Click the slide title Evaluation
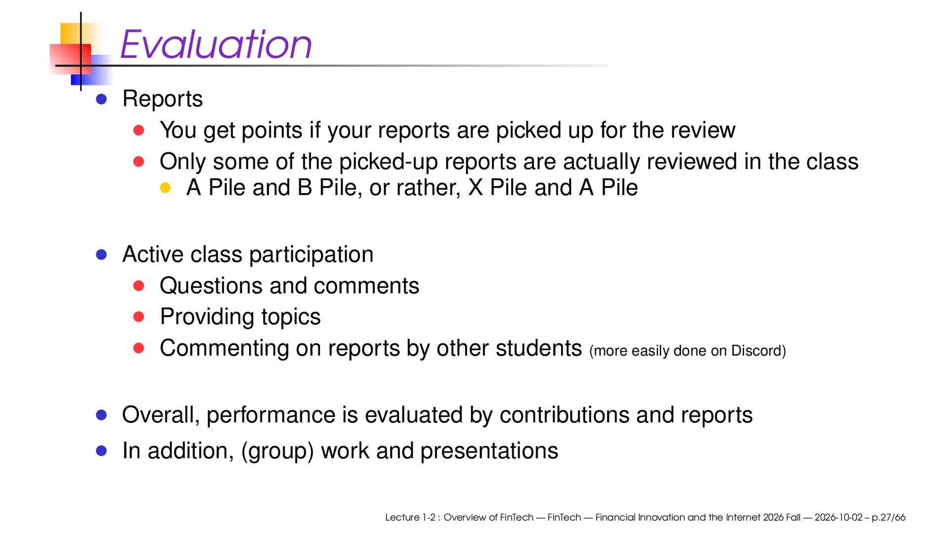[x=216, y=44]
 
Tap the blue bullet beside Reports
[x=102, y=99]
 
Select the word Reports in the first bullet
[x=162, y=99]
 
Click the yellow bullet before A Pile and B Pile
[x=165, y=188]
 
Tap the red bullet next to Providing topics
[x=139, y=317]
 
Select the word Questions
[x=211, y=286]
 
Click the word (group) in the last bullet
[x=277, y=451]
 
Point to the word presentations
[x=489, y=451]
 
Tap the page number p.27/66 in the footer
[x=889, y=518]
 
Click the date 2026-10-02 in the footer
[x=838, y=518]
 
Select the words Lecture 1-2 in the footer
[x=410, y=518]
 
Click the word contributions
[x=564, y=415]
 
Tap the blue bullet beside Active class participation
[x=102, y=255]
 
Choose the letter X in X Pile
[x=475, y=188]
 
